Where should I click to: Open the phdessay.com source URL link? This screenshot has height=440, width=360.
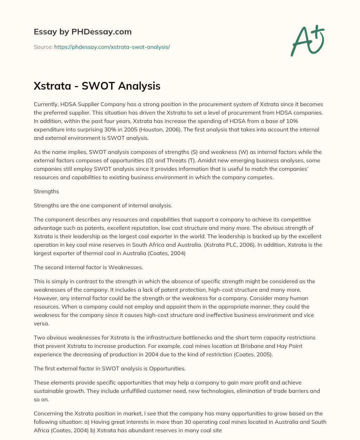pyautogui.click(x=112, y=47)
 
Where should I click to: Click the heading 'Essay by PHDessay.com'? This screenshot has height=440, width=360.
pyautogui.click(x=83, y=32)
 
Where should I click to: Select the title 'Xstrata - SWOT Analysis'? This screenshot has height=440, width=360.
pyautogui.click(x=97, y=86)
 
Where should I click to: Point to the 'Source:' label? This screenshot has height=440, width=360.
pyautogui.click(x=43, y=47)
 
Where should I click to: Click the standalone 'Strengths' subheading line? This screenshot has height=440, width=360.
pyautogui.click(x=46, y=192)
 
